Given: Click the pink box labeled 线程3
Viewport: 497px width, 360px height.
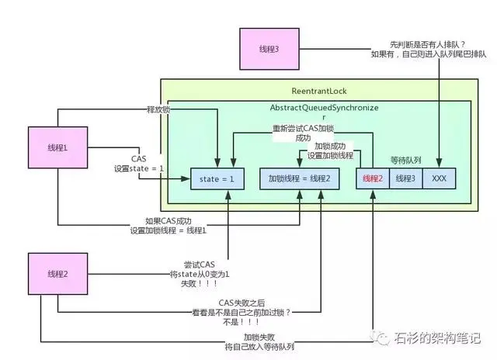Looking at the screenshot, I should click(268, 49).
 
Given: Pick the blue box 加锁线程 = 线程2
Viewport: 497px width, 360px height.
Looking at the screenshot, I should click(299, 178).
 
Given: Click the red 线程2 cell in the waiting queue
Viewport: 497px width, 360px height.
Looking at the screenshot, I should click(371, 178).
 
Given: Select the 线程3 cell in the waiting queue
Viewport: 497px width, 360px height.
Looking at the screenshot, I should click(405, 178).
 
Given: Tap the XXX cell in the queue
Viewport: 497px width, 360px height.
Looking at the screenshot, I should click(438, 178).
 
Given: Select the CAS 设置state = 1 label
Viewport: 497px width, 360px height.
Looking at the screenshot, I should click(139, 163).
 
